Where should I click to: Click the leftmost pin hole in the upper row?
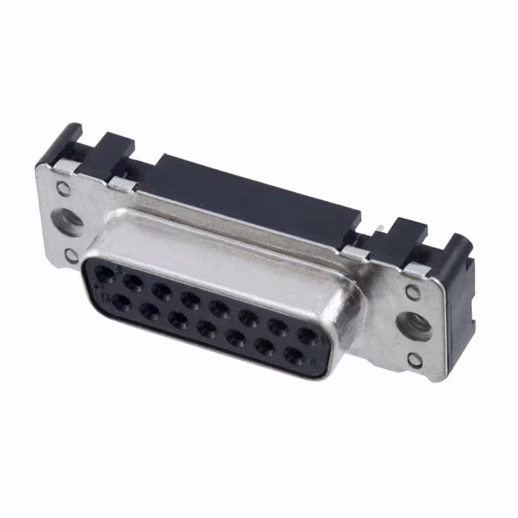pyautogui.click(x=104, y=276)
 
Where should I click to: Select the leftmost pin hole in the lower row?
pyautogui.click(x=121, y=302)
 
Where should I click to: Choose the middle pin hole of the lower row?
pyautogui.click(x=208, y=329)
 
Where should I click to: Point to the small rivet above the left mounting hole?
pyautogui.click(x=62, y=189)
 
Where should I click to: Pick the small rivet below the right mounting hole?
pyautogui.click(x=414, y=360)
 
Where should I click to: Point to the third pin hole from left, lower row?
pyautogui.click(x=179, y=320)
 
